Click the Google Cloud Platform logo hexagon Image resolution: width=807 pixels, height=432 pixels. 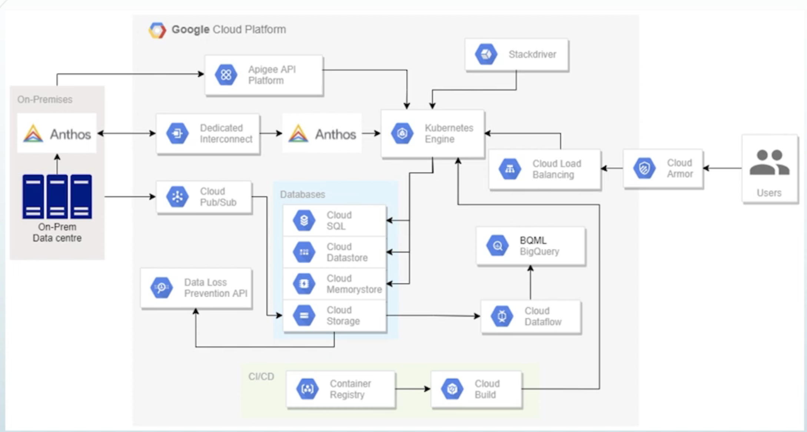click(157, 30)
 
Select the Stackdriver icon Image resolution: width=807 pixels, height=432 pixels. click(486, 54)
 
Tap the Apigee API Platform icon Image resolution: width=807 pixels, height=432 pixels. click(226, 75)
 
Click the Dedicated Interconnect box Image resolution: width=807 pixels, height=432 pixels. click(208, 133)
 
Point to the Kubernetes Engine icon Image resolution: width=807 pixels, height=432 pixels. click(402, 133)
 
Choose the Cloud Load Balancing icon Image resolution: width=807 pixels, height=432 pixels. click(510, 169)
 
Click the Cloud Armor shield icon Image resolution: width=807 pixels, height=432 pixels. click(644, 169)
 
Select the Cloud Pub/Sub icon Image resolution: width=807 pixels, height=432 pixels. click(177, 197)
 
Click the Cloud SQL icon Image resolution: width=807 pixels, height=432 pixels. click(304, 220)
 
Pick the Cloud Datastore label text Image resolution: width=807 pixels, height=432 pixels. click(347, 252)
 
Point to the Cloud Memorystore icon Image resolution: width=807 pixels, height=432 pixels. click(304, 284)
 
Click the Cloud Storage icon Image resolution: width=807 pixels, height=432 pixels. click(304, 316)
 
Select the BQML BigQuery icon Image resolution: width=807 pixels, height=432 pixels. click(497, 246)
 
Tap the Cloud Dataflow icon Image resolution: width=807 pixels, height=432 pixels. click(502, 316)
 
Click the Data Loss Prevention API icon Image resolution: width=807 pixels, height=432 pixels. click(162, 288)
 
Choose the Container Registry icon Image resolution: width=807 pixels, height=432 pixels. click(307, 389)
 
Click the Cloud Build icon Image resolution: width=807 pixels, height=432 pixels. click(452, 389)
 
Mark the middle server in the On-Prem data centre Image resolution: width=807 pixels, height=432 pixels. click(57, 196)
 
